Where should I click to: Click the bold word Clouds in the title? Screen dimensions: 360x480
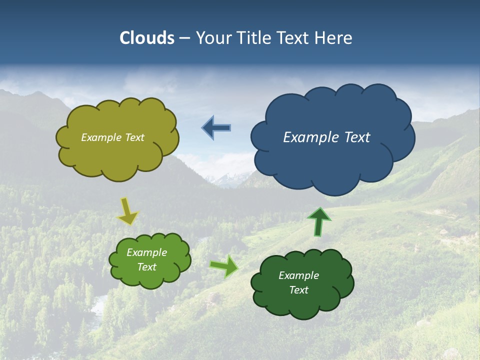(147, 38)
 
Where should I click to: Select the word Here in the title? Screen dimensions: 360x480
(333, 38)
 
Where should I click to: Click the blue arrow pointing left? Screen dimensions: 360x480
(216, 128)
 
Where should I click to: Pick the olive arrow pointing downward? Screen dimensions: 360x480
(127, 211)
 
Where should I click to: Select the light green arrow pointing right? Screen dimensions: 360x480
(224, 266)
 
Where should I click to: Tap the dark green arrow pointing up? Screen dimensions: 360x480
(318, 221)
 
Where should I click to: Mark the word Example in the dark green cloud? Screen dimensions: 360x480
(298, 275)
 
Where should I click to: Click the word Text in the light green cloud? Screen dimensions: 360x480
(146, 267)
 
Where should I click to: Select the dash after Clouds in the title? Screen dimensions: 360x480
(184, 38)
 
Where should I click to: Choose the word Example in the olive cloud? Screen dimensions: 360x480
(100, 137)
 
